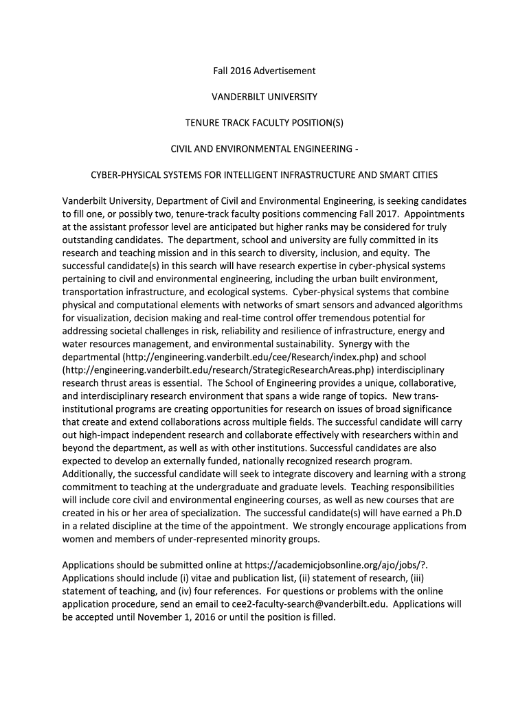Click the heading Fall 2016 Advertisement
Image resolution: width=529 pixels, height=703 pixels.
264,71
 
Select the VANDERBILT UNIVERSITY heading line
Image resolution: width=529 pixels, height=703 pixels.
264,97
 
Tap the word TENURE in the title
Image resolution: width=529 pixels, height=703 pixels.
203,123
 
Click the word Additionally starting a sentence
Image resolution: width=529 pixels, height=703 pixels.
93,474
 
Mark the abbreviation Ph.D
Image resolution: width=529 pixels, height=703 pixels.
453,514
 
